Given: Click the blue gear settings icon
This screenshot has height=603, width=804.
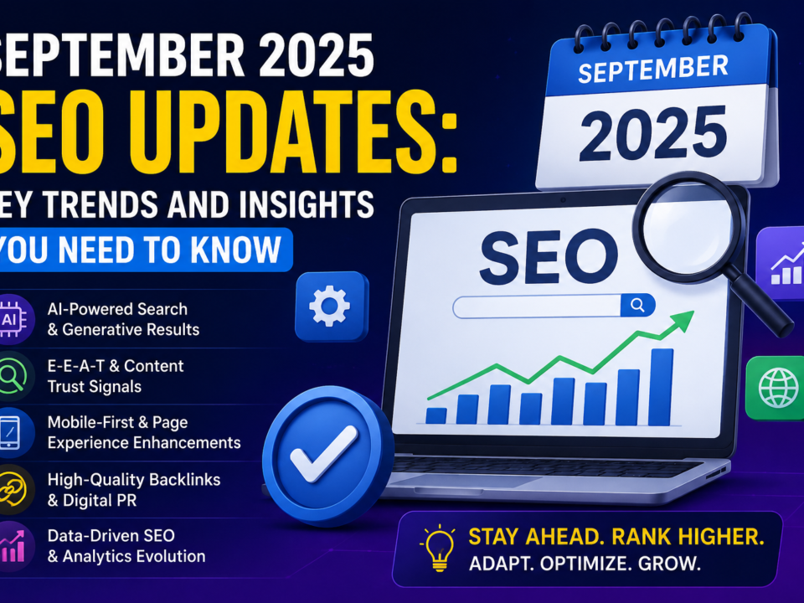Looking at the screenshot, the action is (x=330, y=306).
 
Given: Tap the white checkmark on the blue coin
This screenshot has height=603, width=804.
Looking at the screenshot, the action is (x=323, y=453).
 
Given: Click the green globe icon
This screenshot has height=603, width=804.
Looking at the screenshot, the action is (x=778, y=388).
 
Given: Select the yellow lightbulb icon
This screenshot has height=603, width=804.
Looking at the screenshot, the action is (x=438, y=548).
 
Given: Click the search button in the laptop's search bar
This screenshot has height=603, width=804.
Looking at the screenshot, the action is (x=637, y=306).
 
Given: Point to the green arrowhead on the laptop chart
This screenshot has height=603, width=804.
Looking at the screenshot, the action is (x=682, y=320).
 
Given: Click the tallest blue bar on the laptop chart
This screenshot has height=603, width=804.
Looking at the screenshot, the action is (x=661, y=387).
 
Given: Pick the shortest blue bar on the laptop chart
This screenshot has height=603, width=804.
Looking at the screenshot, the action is (x=436, y=416).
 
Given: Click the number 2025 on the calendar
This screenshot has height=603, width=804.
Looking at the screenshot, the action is (x=653, y=133).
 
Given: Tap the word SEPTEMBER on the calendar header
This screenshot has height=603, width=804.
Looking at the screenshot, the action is (x=652, y=70).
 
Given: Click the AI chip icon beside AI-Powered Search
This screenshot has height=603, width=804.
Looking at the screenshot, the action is (x=11, y=319).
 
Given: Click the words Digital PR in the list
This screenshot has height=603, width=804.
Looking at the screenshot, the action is (x=100, y=501).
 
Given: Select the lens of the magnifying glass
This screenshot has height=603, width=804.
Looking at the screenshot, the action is (x=687, y=225).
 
